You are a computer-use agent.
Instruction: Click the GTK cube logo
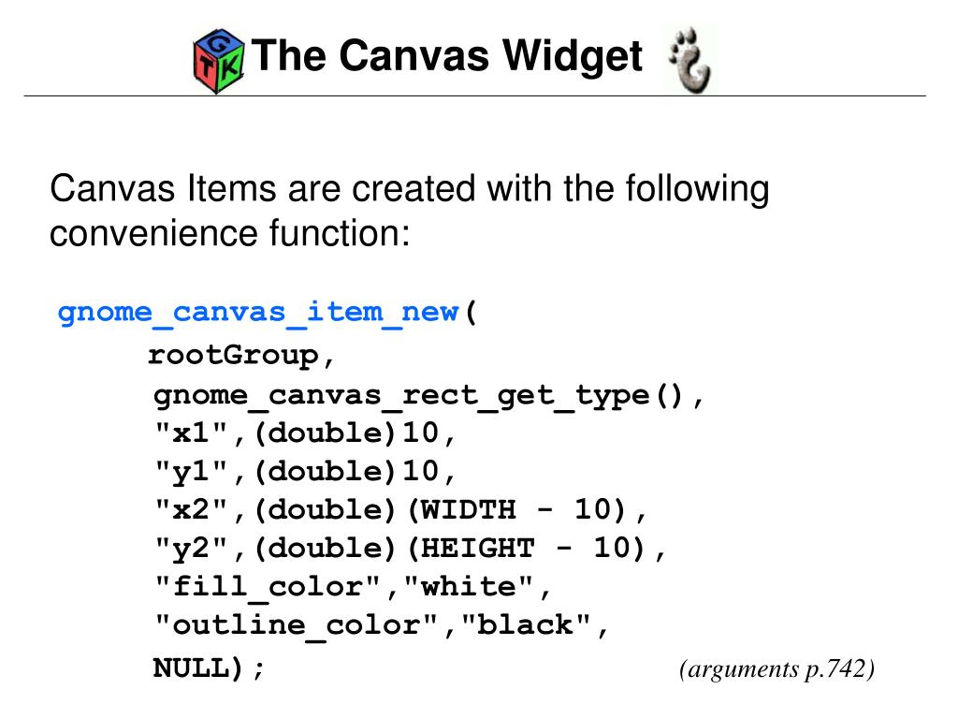(x=219, y=60)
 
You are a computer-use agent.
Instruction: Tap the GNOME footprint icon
(x=691, y=59)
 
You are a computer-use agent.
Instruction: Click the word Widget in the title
(x=573, y=56)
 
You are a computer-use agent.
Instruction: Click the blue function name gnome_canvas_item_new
(x=258, y=312)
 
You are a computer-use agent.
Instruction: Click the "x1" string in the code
(x=191, y=433)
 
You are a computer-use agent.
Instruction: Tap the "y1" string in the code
(x=191, y=472)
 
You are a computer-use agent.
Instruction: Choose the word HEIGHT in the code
(x=478, y=549)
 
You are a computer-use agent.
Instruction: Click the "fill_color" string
(x=268, y=587)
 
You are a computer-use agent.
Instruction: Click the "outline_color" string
(x=297, y=625)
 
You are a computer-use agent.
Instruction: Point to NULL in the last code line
(x=191, y=668)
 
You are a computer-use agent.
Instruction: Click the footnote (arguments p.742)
(x=777, y=668)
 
